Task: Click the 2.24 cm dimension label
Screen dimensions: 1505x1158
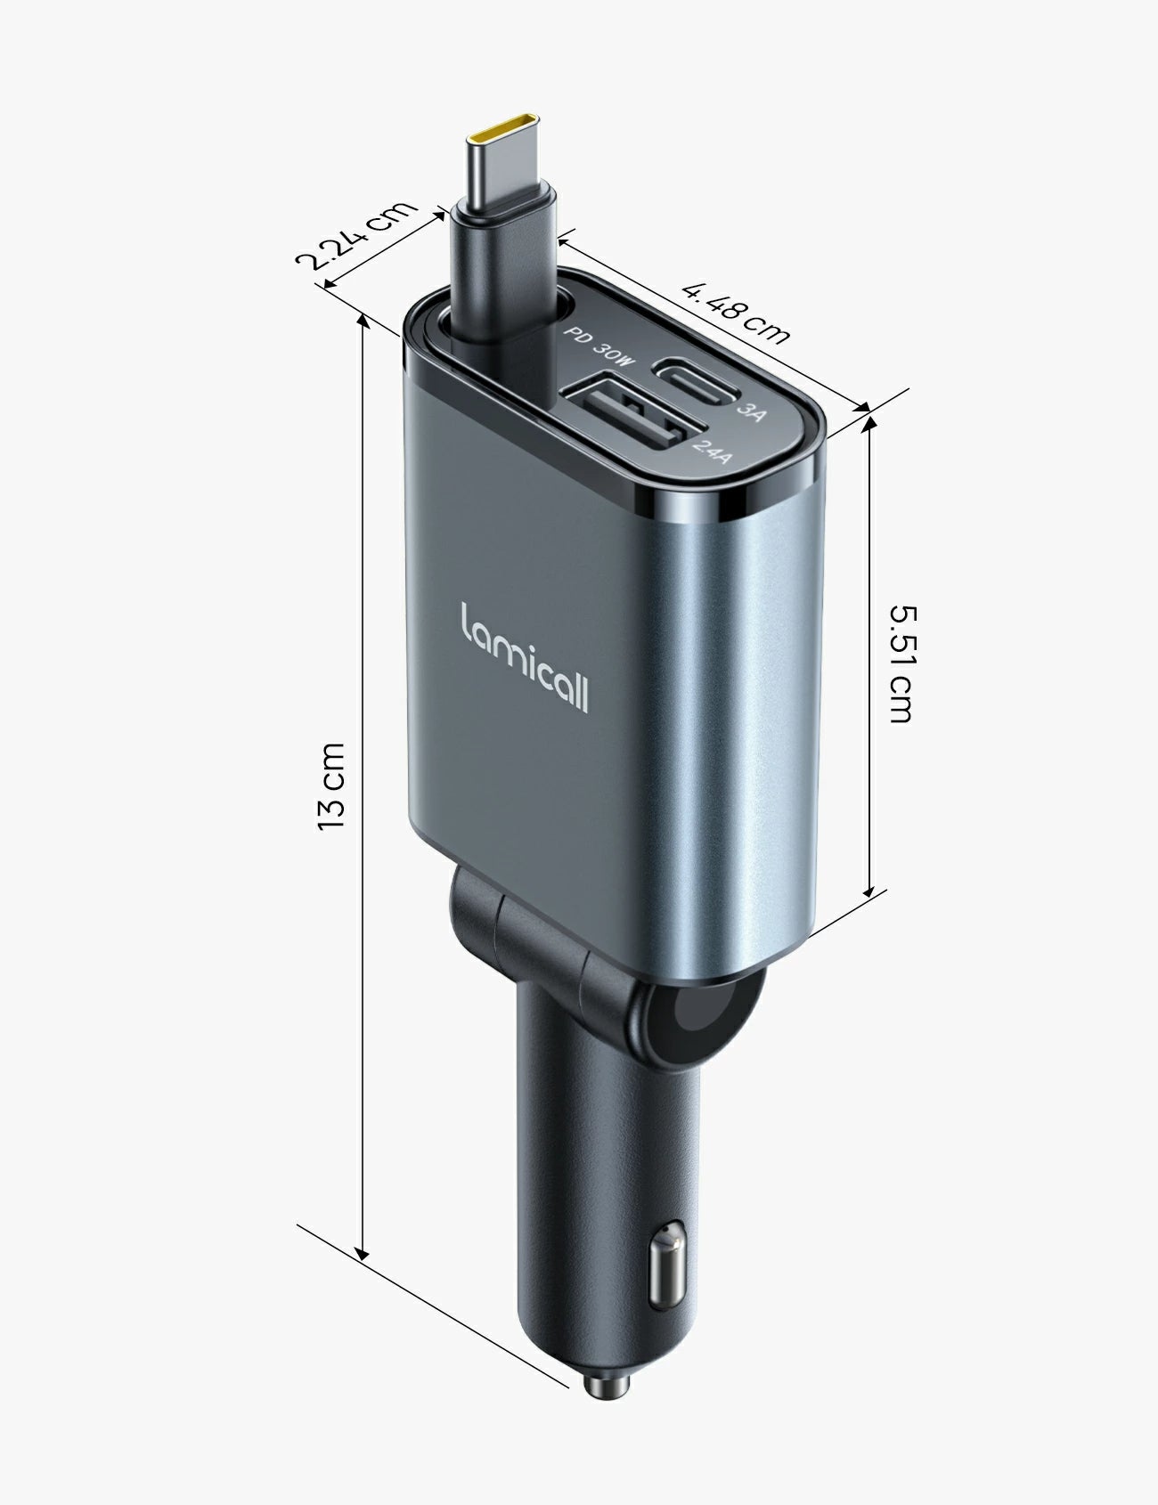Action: [356, 236]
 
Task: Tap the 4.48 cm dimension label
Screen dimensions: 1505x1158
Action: [736, 312]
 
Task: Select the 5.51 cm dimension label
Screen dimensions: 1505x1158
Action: [901, 663]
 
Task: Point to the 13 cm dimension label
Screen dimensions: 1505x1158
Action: [331, 785]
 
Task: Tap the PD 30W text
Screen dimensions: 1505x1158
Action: [600, 346]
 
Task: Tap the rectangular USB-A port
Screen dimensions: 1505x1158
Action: [624, 419]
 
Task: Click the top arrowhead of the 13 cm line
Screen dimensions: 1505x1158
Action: [363, 322]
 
